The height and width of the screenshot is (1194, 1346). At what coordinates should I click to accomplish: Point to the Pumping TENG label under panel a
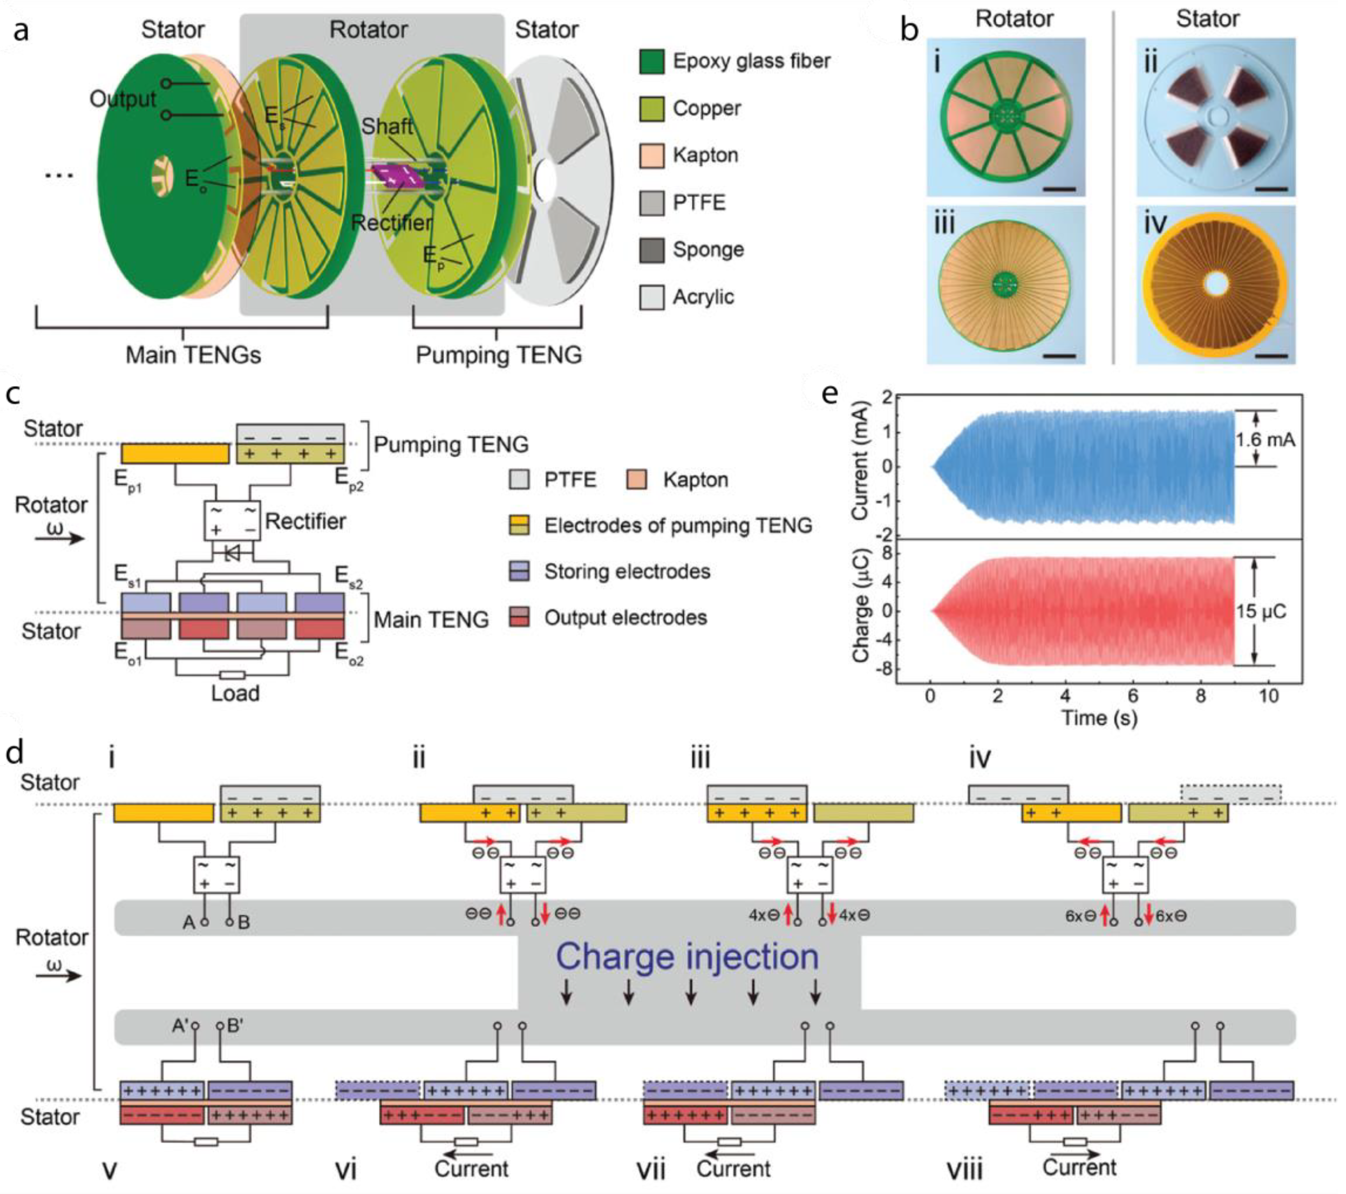[x=498, y=355]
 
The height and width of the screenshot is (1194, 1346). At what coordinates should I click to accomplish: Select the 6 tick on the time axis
[x=1133, y=696]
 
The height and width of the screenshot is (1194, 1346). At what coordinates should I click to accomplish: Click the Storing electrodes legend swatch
[x=519, y=571]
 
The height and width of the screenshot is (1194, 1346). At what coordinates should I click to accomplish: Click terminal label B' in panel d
[x=235, y=1026]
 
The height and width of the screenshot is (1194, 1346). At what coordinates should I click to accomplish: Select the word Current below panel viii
[x=1079, y=1168]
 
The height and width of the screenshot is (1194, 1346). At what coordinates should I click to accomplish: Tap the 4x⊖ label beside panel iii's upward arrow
[x=764, y=915]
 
